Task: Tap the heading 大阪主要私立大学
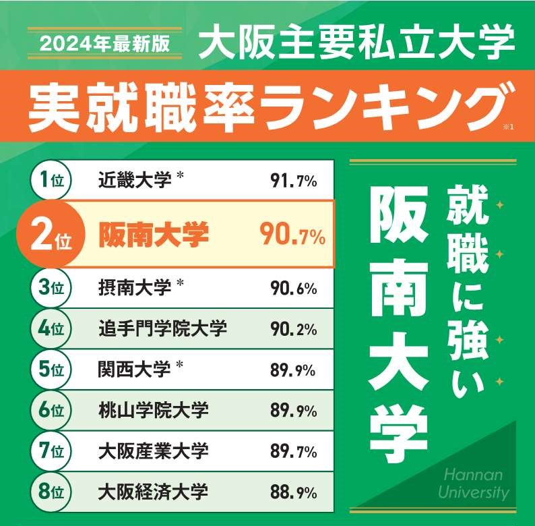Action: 357,42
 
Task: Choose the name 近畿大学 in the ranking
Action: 135,180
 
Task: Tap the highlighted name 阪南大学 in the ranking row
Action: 154,235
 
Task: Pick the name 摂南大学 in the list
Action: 135,288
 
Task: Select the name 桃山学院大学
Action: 153,409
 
